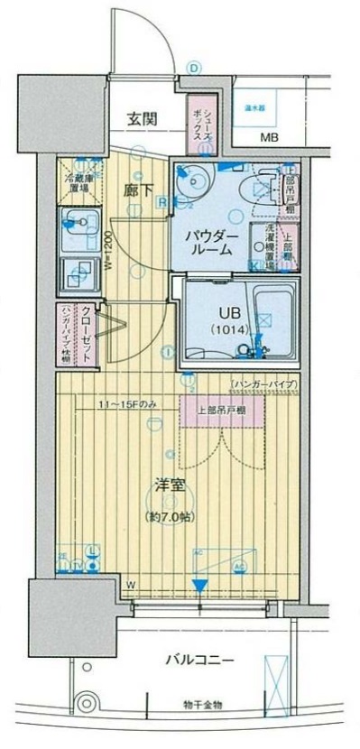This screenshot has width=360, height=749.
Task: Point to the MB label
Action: (270, 138)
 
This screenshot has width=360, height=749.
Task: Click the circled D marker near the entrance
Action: (192, 66)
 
